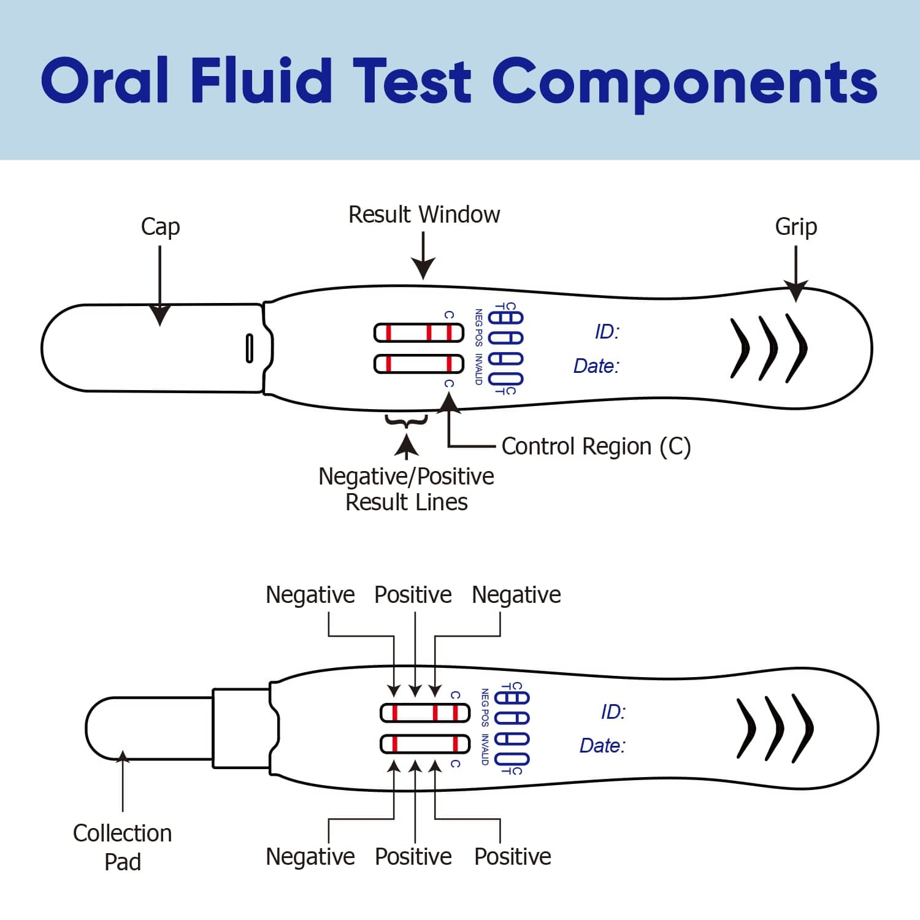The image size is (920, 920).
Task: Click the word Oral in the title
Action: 104,80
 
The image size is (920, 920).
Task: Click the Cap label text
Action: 160,226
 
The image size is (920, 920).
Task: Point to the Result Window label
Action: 424,215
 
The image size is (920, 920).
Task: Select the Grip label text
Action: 795,226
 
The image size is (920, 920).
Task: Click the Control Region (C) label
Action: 596,447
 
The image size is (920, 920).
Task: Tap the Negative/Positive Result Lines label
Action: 406,489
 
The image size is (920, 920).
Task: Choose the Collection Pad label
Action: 122,847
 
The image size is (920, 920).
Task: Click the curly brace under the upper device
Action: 406,421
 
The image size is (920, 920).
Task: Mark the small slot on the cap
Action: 249,348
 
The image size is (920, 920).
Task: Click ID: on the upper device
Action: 607,332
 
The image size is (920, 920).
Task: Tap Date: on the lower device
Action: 602,745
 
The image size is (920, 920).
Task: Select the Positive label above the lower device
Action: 413,595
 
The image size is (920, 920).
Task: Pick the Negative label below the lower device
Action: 310,856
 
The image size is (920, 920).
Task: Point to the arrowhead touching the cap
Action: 160,315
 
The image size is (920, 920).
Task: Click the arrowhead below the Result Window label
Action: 423,269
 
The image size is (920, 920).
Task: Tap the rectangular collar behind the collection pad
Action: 241,728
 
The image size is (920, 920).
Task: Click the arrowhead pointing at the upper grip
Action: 795,293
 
